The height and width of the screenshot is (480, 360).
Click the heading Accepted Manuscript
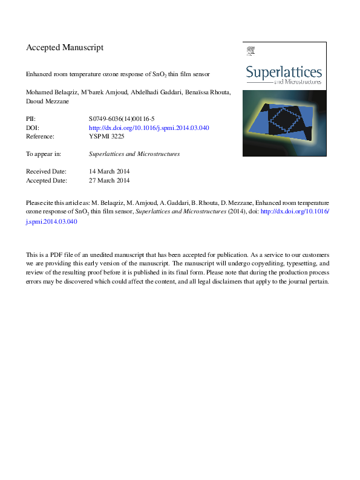pyautogui.click(x=65, y=47)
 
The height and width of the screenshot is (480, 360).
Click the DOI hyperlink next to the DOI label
pyautogui.click(x=149, y=128)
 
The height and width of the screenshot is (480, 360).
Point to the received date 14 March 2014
pyautogui.click(x=109, y=171)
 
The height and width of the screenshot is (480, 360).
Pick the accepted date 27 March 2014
pyautogui.click(x=109, y=180)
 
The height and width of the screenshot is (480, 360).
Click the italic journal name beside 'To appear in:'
pyautogui.click(x=134, y=154)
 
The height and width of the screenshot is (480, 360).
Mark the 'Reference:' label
pyautogui.click(x=40, y=137)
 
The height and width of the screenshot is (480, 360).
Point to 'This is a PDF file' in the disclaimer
pyautogui.click(x=53, y=255)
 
